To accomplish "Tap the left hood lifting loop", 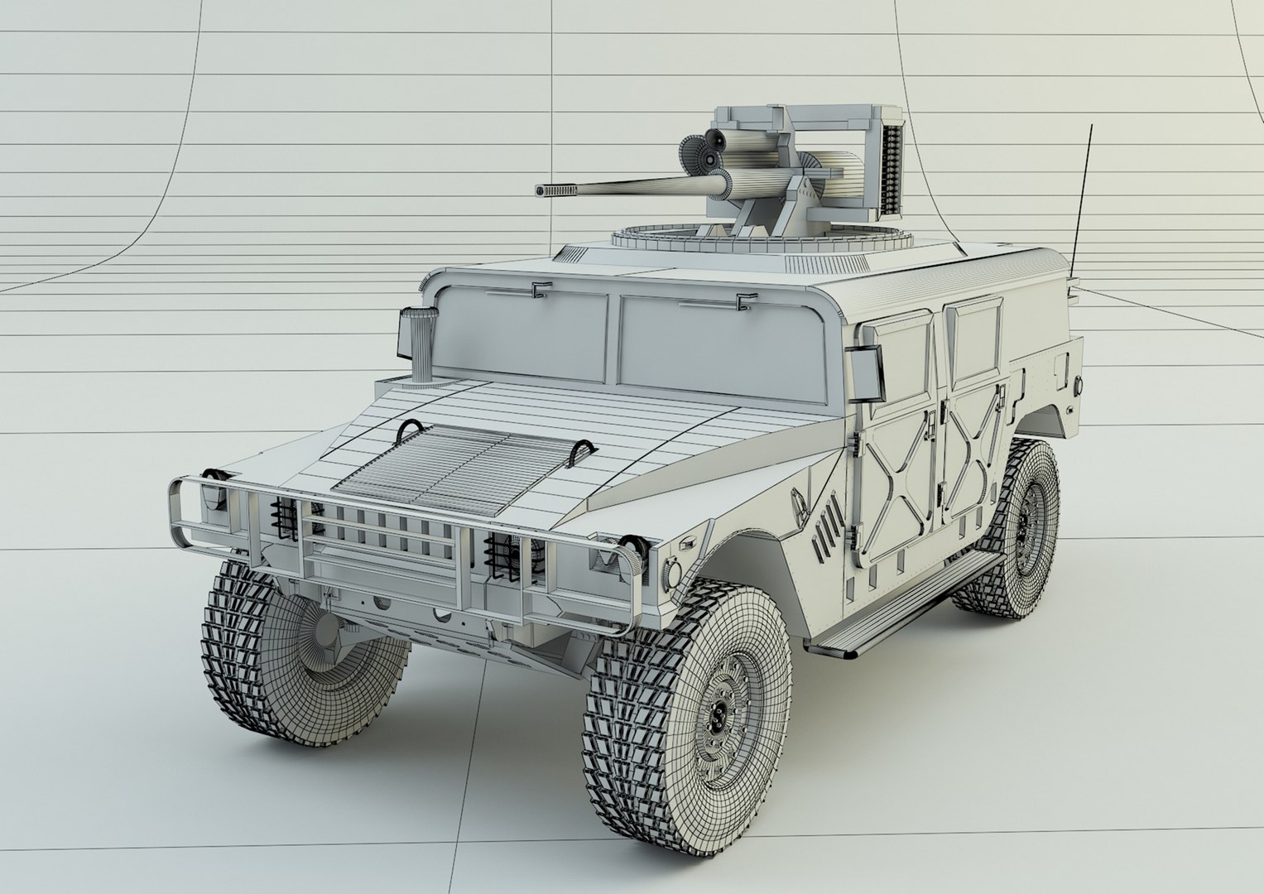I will (x=410, y=429).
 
